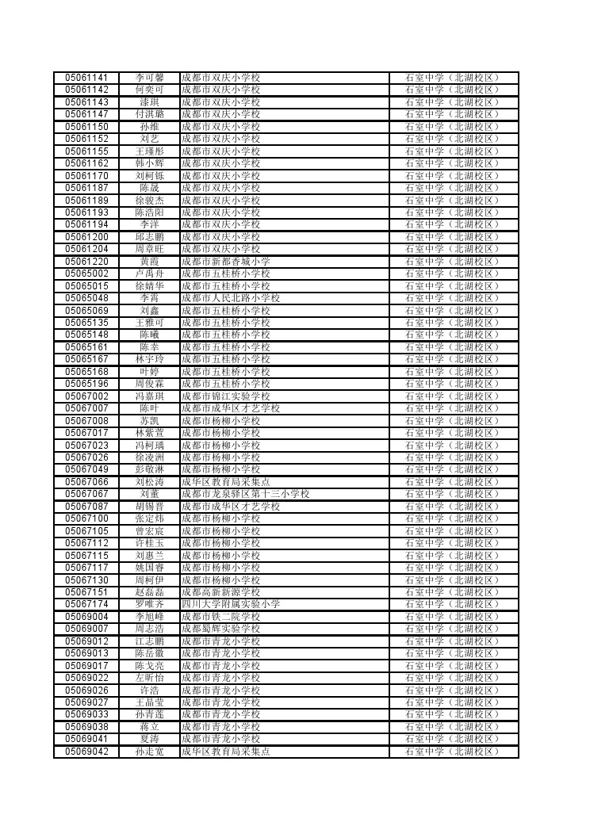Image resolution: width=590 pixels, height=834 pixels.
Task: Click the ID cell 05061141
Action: tap(86, 78)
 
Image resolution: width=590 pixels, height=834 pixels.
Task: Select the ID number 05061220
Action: tap(86, 262)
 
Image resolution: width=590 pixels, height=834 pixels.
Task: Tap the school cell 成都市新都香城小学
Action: tap(225, 262)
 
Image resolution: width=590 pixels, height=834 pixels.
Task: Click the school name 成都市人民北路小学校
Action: tap(230, 298)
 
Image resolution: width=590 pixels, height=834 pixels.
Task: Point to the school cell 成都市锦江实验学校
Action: tap(225, 396)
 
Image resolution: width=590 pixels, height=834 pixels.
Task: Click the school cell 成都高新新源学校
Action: tap(220, 592)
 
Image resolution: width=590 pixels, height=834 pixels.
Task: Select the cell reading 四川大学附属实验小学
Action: tap(230, 604)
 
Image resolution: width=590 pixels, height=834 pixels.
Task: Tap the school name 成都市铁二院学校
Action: tap(220, 617)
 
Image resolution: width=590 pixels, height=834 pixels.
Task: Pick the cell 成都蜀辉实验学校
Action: tap(220, 629)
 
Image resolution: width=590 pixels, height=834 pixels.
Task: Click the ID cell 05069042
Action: tap(86, 752)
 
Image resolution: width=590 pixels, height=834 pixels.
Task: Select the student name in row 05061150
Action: tap(149, 127)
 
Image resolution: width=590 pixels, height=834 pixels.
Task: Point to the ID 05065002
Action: tap(86, 274)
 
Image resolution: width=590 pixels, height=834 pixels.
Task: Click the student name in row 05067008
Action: tap(149, 421)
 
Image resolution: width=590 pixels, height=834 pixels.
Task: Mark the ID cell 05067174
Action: tap(86, 604)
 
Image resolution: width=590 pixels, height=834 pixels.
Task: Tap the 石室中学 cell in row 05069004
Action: tap(453, 617)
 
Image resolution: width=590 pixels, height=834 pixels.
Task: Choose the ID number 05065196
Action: tap(86, 384)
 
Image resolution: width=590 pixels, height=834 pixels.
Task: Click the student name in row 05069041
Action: tap(149, 739)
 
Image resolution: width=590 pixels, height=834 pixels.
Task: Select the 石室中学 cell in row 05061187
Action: tap(453, 188)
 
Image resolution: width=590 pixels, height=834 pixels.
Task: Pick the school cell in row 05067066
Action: tap(225, 482)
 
